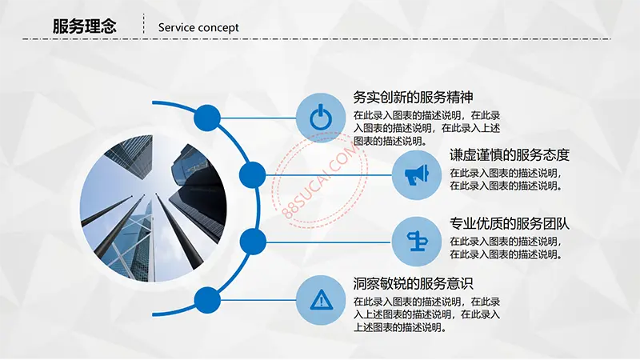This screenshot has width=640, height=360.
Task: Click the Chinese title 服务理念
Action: point(85,26)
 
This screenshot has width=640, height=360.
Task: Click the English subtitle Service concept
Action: point(198,28)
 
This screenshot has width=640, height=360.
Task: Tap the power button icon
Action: point(321,117)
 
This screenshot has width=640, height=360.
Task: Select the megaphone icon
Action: point(417,174)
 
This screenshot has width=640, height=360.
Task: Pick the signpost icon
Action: point(417,241)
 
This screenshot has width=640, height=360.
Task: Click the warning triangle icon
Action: point(322,300)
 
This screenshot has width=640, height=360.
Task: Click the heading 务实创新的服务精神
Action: point(413,98)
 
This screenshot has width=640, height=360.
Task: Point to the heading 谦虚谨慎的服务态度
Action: point(510,155)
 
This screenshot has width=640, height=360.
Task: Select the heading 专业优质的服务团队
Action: point(510,224)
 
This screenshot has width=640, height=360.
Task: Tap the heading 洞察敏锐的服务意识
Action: point(413,283)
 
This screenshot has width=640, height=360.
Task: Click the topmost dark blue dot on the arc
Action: point(207,118)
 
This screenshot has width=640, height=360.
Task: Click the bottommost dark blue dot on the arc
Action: point(207,301)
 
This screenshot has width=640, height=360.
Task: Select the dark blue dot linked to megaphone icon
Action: point(252,175)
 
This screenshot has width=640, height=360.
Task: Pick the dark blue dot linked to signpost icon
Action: point(253,242)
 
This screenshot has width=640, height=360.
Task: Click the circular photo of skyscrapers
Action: point(153,209)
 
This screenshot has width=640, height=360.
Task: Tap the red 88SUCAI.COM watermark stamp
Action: point(320,180)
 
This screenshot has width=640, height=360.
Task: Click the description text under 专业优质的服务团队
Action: point(506,248)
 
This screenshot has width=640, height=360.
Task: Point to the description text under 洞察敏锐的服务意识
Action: point(426,314)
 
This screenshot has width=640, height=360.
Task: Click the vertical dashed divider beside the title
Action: point(144,24)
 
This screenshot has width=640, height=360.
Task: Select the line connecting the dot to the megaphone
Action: point(329,175)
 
